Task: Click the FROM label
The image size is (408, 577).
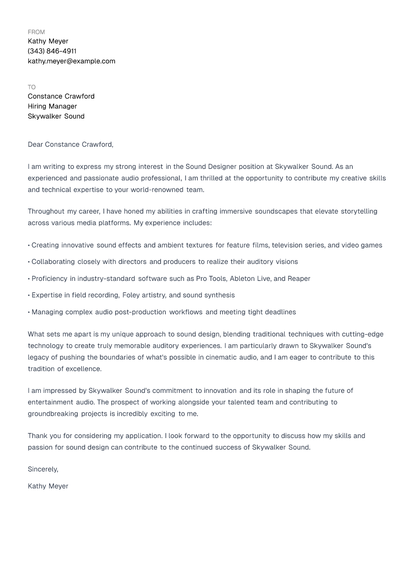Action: tap(36, 32)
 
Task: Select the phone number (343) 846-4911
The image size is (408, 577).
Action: tap(52, 51)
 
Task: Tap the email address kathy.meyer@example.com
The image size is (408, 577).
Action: tap(72, 61)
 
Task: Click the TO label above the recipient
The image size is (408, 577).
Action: tap(32, 87)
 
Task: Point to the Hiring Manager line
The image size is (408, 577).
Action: tap(53, 106)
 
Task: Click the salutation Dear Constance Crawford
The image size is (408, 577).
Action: tap(70, 145)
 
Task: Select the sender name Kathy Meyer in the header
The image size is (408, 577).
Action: tap(48, 41)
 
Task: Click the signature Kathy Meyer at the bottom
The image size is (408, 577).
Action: tap(48, 486)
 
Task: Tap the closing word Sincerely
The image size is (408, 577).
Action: tap(43, 469)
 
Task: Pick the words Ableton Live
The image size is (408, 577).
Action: tap(250, 279)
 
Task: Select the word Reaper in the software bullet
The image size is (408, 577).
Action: tap(299, 279)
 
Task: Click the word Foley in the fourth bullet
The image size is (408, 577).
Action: tap(132, 295)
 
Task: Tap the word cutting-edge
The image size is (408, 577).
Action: tap(362, 334)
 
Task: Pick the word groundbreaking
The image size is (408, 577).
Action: tap(53, 414)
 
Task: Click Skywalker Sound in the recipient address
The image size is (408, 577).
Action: tap(56, 116)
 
